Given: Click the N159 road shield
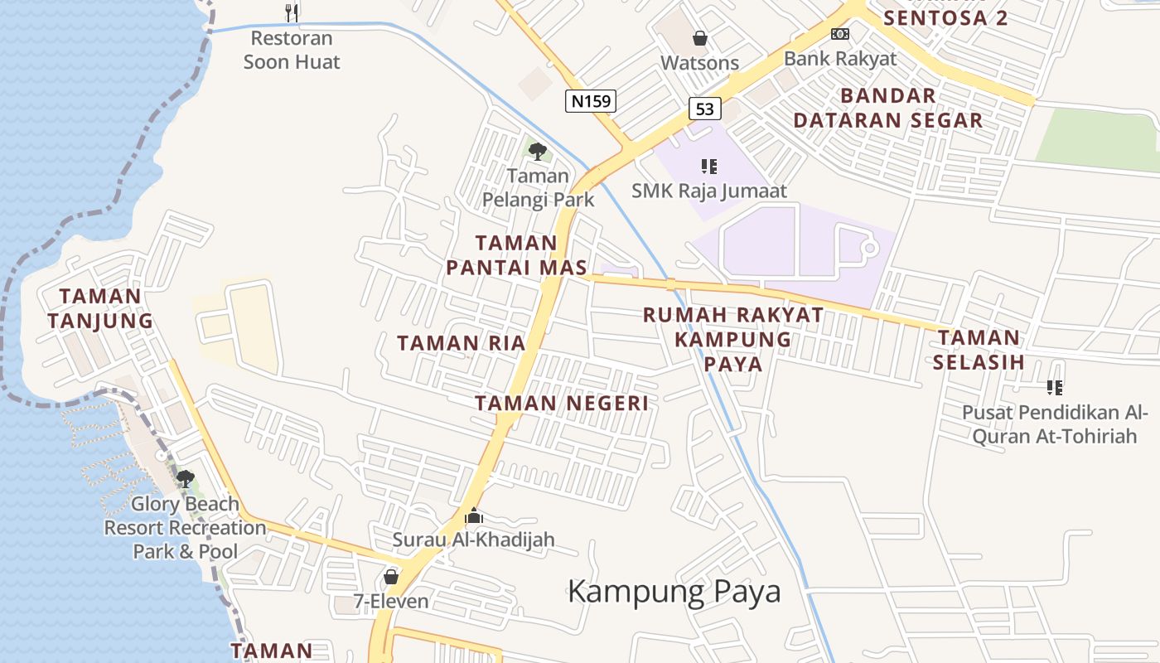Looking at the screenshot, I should pyautogui.click(x=591, y=101).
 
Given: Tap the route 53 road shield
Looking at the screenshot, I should pyautogui.click(x=704, y=108).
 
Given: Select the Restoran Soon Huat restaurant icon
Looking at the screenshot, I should pyautogui.click(x=291, y=12).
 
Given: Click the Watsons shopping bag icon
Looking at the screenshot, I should pyautogui.click(x=700, y=38).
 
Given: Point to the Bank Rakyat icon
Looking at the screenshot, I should pyautogui.click(x=840, y=34).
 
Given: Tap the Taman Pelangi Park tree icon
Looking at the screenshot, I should pyautogui.click(x=538, y=151).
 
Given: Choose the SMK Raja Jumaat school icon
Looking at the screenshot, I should pyautogui.click(x=708, y=167).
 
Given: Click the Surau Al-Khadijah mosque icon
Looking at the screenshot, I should pyautogui.click(x=473, y=516).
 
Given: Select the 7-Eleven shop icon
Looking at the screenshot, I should pyautogui.click(x=391, y=576).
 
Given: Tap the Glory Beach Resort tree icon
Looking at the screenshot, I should pyautogui.click(x=185, y=479).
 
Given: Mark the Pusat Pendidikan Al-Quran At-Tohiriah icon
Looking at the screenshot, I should pyautogui.click(x=1055, y=387).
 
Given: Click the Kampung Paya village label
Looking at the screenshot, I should pyautogui.click(x=674, y=592).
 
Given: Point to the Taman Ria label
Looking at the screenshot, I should pyautogui.click(x=462, y=343).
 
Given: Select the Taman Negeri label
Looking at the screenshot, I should pyautogui.click(x=561, y=404).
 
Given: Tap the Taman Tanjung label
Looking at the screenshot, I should pyautogui.click(x=100, y=308).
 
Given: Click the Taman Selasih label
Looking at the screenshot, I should pyautogui.click(x=979, y=349).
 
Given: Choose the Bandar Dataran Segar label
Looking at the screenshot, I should pyautogui.click(x=888, y=108).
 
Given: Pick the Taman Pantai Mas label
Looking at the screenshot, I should pyautogui.click(x=516, y=255).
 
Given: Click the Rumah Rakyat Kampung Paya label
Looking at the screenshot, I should pyautogui.click(x=733, y=339).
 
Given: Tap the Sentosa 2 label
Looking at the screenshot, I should pyautogui.click(x=945, y=17).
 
